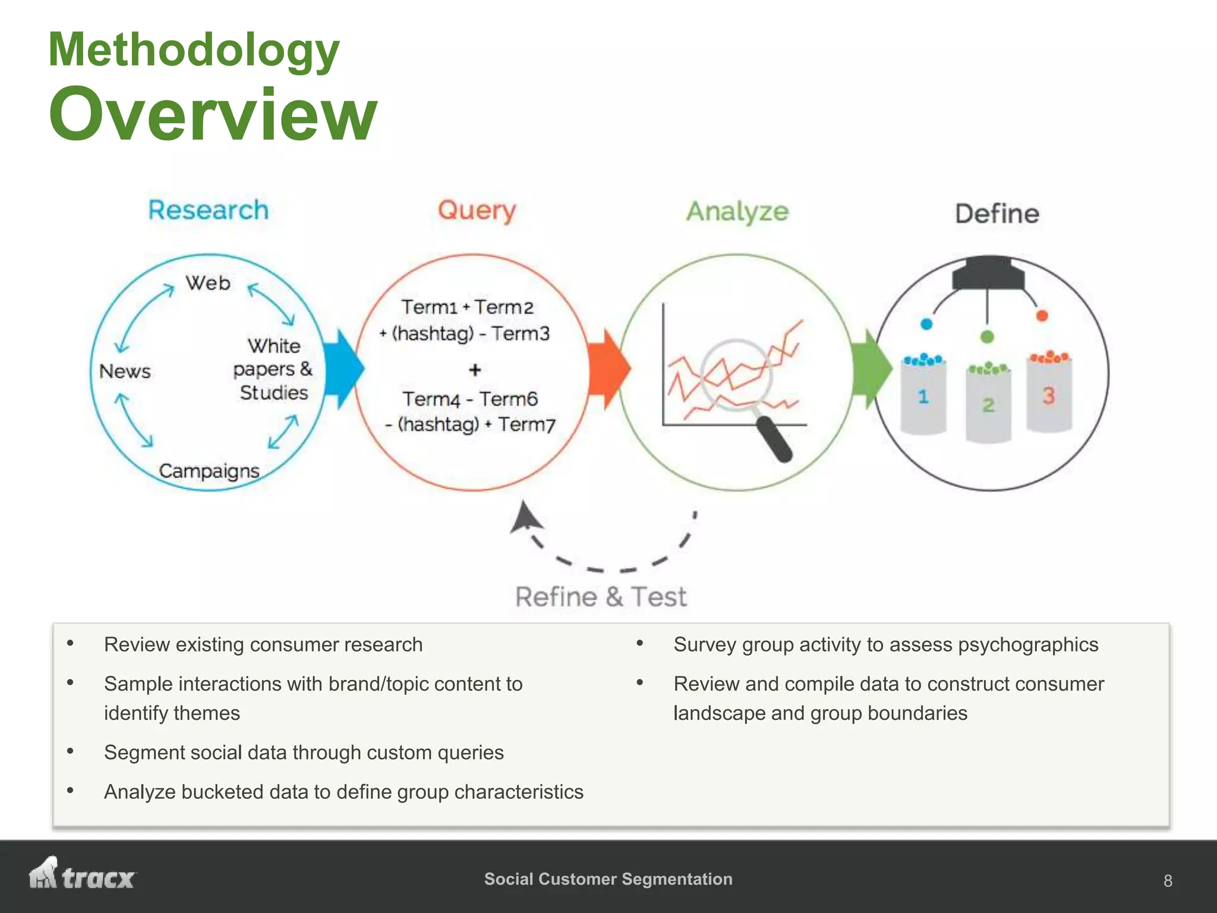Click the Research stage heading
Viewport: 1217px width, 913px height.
208,210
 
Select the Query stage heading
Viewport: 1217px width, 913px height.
477,211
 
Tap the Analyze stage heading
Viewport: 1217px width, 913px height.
737,212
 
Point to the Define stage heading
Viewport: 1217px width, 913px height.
997,214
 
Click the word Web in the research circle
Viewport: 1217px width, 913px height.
208,283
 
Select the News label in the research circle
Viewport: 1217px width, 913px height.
125,372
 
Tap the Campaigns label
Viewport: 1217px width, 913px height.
209,471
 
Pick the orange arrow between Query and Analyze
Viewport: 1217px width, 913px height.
608,369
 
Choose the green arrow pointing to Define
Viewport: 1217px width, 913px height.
871,369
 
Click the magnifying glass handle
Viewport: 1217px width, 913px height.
775,439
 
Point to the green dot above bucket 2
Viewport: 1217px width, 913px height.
987,337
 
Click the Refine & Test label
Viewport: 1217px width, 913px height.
601,597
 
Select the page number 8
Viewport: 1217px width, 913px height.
1168,880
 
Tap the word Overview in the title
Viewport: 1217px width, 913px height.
213,114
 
